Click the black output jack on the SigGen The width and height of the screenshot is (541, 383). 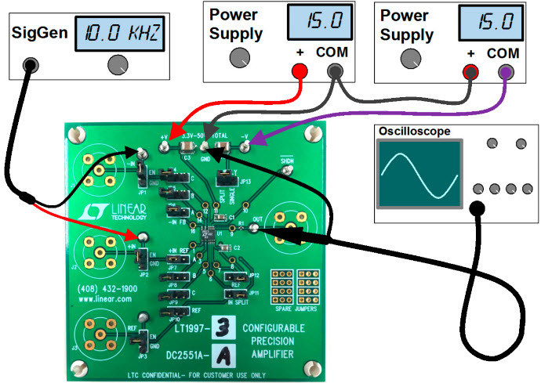[x=30, y=65]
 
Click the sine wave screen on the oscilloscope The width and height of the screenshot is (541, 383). [x=417, y=175]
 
